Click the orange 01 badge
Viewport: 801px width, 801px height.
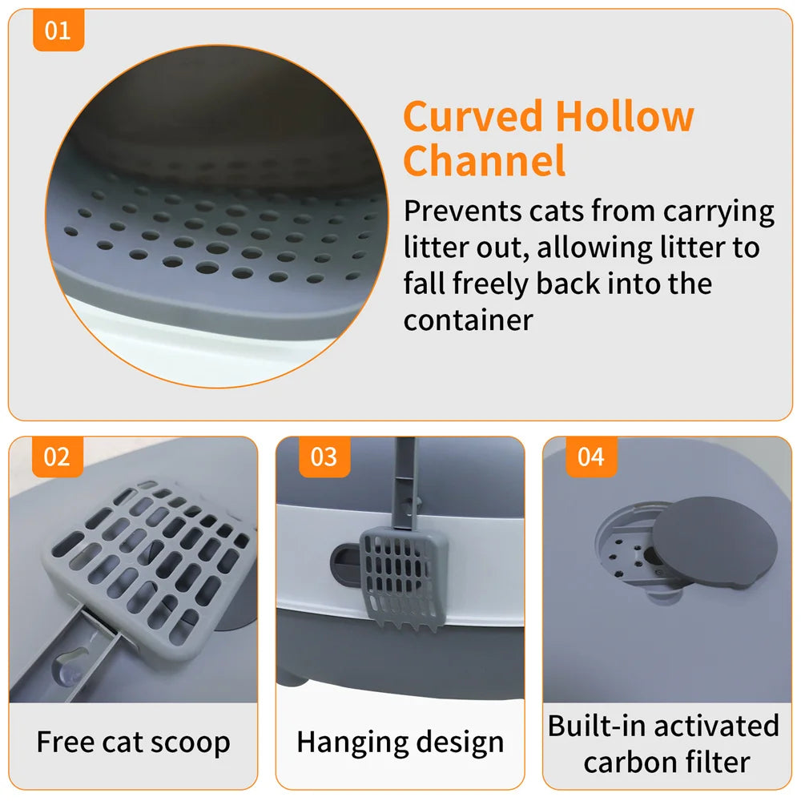coord(58,31)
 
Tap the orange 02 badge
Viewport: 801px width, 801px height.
coord(57,457)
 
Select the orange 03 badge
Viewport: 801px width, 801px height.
coord(324,457)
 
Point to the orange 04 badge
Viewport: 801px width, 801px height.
coord(590,457)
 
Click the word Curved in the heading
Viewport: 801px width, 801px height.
coord(473,117)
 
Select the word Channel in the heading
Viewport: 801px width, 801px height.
coord(484,160)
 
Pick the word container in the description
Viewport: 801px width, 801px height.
coord(468,320)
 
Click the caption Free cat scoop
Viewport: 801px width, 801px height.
coord(133,743)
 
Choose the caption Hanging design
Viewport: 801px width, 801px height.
coord(400,743)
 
